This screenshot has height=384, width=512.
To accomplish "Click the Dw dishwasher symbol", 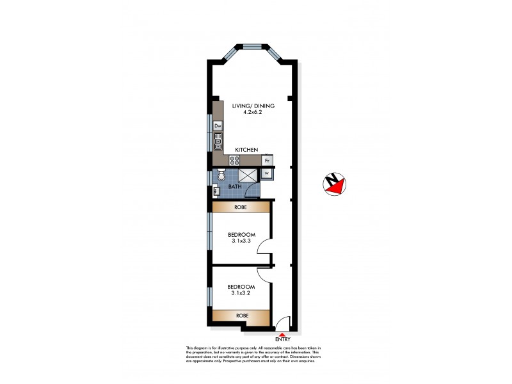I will [218, 125].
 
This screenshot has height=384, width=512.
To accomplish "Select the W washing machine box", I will [268, 172].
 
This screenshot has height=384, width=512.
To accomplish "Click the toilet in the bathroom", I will [220, 174].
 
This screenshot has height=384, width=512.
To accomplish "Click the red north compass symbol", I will [334, 184].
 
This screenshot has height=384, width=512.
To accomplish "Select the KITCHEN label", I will [246, 150].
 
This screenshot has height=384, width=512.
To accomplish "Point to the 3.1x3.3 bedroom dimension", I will [241, 242].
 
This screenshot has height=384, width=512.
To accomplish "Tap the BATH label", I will [235, 188].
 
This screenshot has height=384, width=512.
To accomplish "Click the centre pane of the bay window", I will [251, 46].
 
